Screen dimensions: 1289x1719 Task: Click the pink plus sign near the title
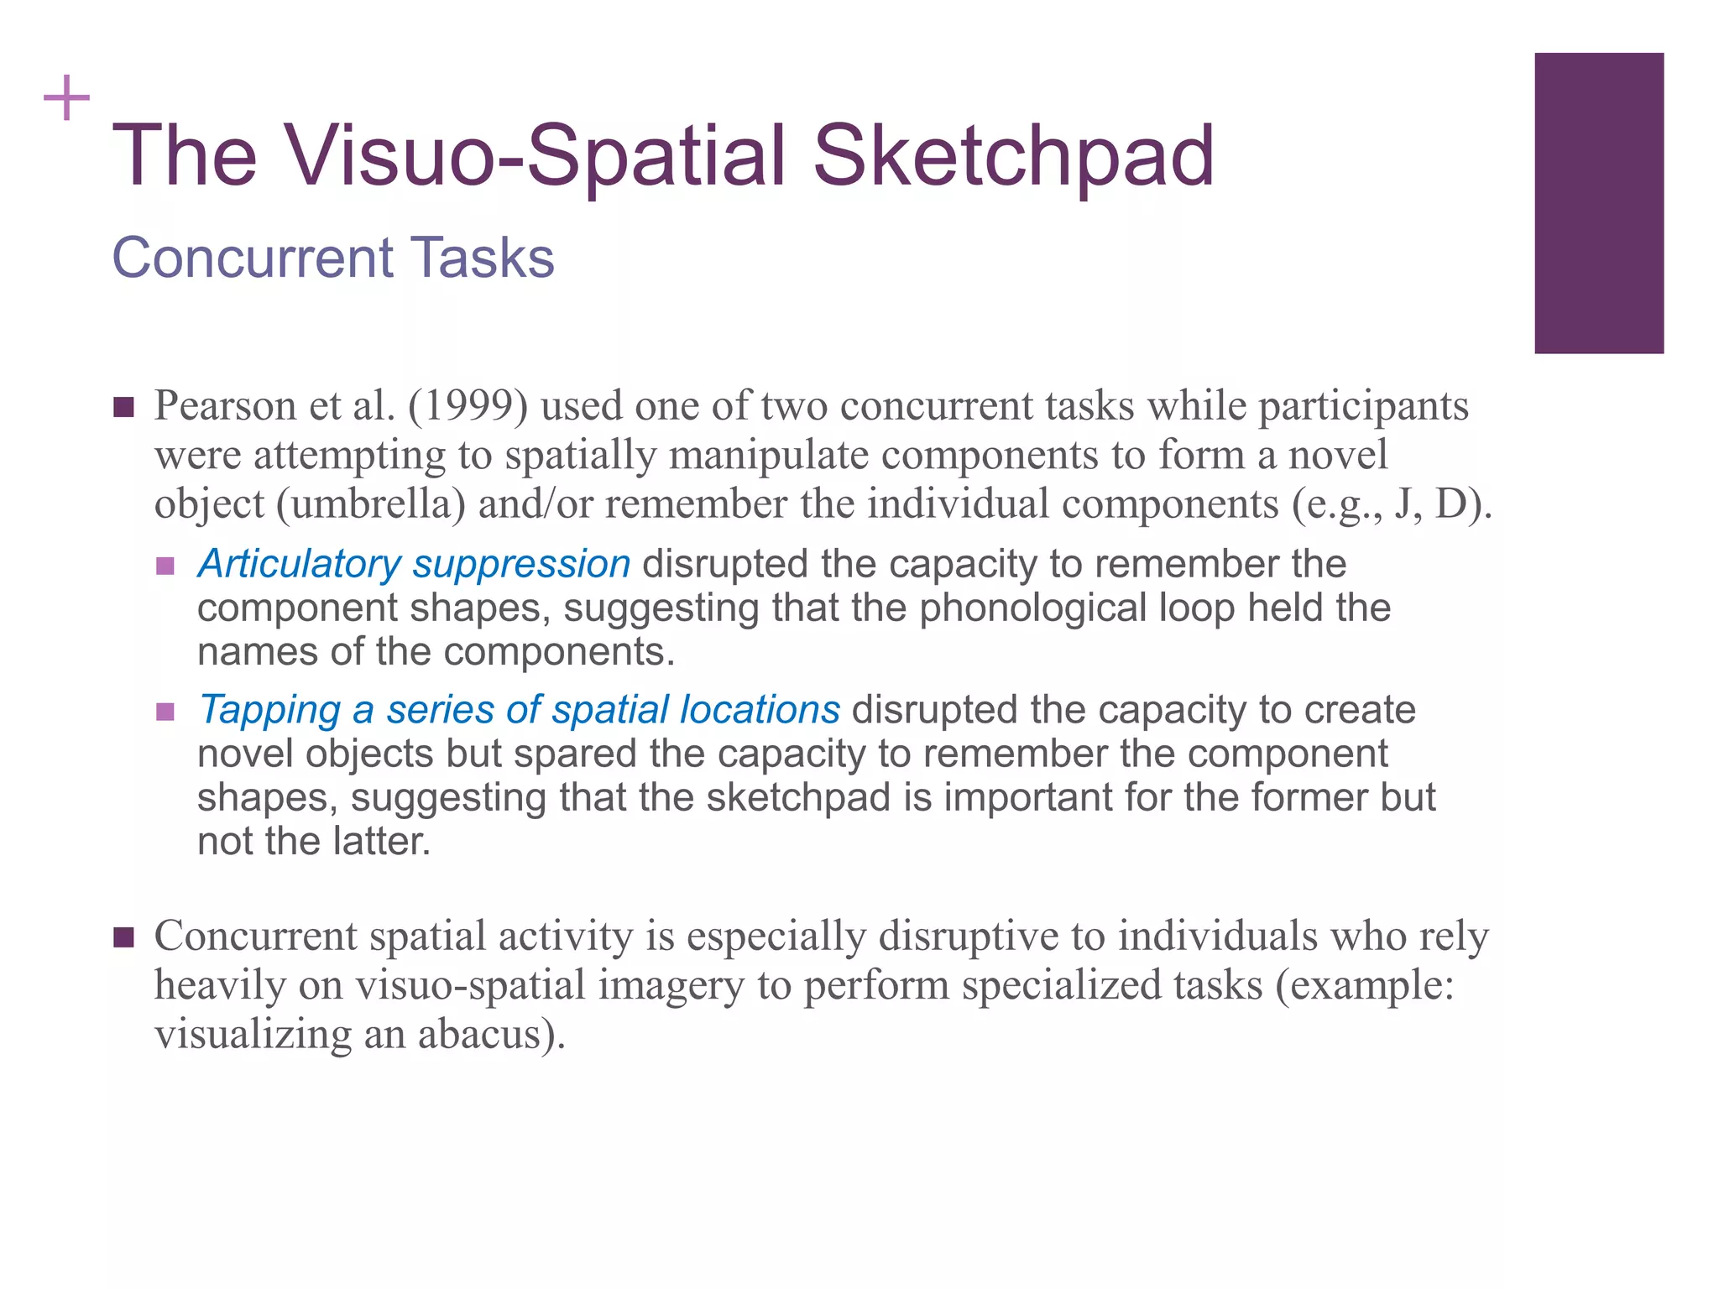(x=66, y=99)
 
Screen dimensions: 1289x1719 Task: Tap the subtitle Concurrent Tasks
(x=333, y=257)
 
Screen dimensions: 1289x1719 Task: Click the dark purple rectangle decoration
(x=1598, y=203)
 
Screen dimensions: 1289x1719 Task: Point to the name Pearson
(x=225, y=407)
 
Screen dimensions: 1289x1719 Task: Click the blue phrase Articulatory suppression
(x=414, y=564)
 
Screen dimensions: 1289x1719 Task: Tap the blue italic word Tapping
(x=269, y=710)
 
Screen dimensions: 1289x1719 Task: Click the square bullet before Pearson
(x=123, y=408)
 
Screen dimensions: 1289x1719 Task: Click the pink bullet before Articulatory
(x=165, y=566)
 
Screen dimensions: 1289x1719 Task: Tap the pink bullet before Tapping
(x=165, y=712)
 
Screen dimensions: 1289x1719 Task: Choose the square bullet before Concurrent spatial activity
(x=123, y=937)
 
